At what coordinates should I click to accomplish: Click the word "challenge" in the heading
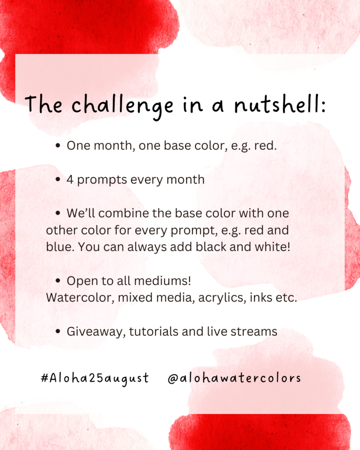[x=122, y=106]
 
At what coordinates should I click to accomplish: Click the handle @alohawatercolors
[x=234, y=378]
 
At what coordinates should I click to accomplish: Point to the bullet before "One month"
[x=58, y=145]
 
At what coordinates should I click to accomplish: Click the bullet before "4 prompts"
[x=58, y=180]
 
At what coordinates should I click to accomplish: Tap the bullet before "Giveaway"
[x=58, y=331]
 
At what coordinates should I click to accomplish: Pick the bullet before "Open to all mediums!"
[x=58, y=281]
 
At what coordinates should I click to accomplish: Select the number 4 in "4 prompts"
[x=70, y=180]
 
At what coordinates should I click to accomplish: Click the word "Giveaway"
[x=96, y=332]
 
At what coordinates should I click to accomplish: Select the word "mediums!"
[x=163, y=281]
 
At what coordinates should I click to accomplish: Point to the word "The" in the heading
[x=44, y=104]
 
